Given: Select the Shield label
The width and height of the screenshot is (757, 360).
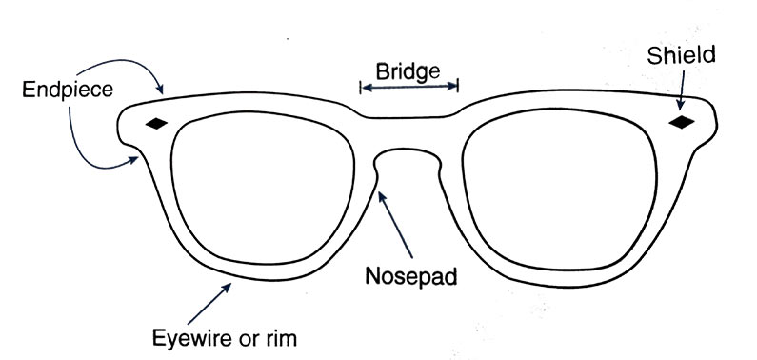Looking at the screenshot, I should [681, 54].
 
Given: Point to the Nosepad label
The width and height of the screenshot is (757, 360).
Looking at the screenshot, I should [412, 278].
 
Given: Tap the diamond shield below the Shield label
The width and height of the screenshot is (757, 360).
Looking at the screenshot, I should [682, 122].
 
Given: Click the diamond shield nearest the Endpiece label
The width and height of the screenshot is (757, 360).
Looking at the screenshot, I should [156, 123].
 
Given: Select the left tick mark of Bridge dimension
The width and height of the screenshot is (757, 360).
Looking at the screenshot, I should [360, 88].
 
